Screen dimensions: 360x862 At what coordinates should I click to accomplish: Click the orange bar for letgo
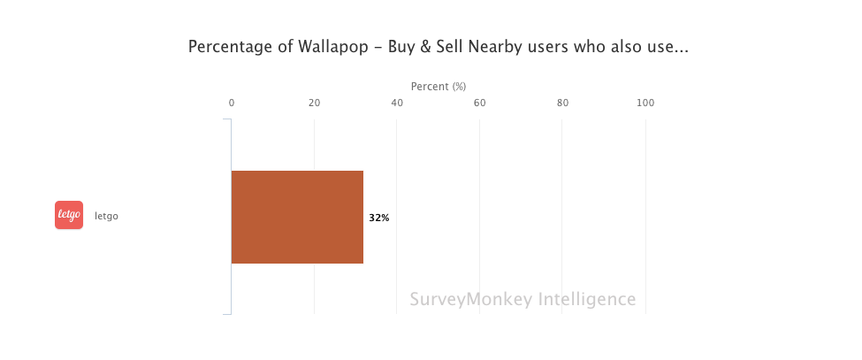click(297, 217)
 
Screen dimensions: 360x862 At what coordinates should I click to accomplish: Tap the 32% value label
click(379, 218)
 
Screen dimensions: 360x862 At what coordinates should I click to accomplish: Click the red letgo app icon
click(69, 215)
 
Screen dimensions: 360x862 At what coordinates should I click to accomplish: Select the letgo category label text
click(106, 216)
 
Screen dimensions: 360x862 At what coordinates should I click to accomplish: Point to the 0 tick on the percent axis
click(232, 103)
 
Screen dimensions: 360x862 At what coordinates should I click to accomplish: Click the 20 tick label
click(314, 103)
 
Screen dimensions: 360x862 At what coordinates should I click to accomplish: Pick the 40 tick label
click(397, 103)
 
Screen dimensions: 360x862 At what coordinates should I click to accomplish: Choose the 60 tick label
click(480, 103)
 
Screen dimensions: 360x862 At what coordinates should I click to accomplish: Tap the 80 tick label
click(562, 103)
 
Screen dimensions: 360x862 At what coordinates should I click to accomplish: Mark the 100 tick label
click(645, 103)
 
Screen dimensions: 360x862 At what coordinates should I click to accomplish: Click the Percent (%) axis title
click(439, 86)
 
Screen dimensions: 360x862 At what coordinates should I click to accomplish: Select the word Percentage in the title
click(227, 48)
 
